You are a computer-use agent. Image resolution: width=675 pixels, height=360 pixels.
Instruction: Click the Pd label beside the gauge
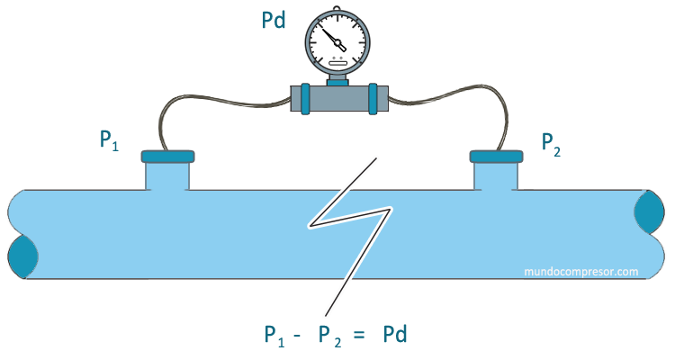[x=273, y=20]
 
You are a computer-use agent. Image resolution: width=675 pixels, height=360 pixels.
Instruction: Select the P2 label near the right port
[x=551, y=142]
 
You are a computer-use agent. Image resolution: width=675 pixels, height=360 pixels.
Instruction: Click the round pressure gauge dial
[x=337, y=41]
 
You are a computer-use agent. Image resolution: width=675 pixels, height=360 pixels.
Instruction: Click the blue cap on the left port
[x=167, y=157]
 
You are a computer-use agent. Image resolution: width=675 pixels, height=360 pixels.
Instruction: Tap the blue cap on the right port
[x=497, y=157]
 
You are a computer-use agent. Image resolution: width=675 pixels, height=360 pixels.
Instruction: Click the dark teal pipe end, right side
[x=650, y=214]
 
